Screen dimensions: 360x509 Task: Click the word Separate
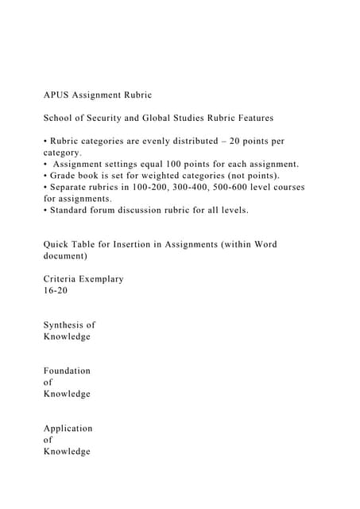click(72, 187)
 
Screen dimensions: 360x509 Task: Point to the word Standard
click(72, 210)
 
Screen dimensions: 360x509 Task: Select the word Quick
click(58, 244)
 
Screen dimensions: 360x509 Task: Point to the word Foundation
click(67, 371)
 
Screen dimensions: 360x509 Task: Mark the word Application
click(68, 428)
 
